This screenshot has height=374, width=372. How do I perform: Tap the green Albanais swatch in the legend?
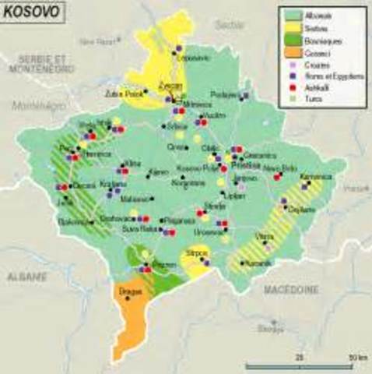tap(293, 15)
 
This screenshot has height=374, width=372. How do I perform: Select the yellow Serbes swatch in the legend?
tap(293, 26)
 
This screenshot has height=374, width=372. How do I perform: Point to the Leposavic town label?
tap(193, 57)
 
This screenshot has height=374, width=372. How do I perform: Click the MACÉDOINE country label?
tap(290, 289)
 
